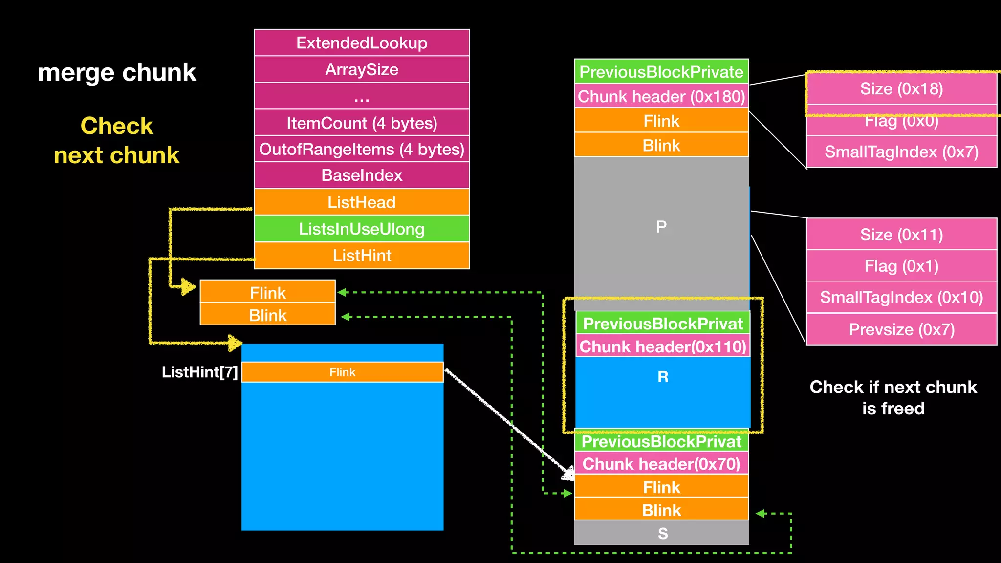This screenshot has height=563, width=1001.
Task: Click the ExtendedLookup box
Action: click(362, 43)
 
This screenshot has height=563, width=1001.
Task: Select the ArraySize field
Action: click(362, 69)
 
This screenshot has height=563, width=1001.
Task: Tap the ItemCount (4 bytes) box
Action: click(362, 123)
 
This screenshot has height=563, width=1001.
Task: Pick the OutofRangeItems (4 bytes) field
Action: click(362, 149)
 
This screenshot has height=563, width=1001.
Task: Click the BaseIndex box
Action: click(362, 175)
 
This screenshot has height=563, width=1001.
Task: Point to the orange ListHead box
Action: click(362, 202)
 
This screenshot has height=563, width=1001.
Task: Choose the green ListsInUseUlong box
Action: click(362, 229)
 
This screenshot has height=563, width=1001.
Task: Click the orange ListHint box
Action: click(362, 255)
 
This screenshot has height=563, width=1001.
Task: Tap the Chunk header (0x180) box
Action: click(661, 96)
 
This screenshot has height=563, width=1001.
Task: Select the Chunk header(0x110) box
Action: click(663, 346)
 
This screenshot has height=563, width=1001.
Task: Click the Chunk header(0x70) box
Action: click(661, 463)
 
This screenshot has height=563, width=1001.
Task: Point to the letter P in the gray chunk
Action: click(661, 227)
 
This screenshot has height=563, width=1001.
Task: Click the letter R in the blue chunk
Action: click(663, 377)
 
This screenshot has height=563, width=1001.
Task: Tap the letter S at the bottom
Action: click(662, 533)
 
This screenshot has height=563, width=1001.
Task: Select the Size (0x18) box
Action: click(901, 89)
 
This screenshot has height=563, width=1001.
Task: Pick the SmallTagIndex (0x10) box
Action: click(901, 297)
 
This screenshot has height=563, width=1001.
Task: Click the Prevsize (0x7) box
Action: click(901, 329)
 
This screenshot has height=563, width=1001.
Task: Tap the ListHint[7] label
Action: click(199, 372)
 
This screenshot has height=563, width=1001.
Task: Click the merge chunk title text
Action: click(117, 72)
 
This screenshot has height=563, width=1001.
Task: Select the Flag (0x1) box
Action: click(901, 266)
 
